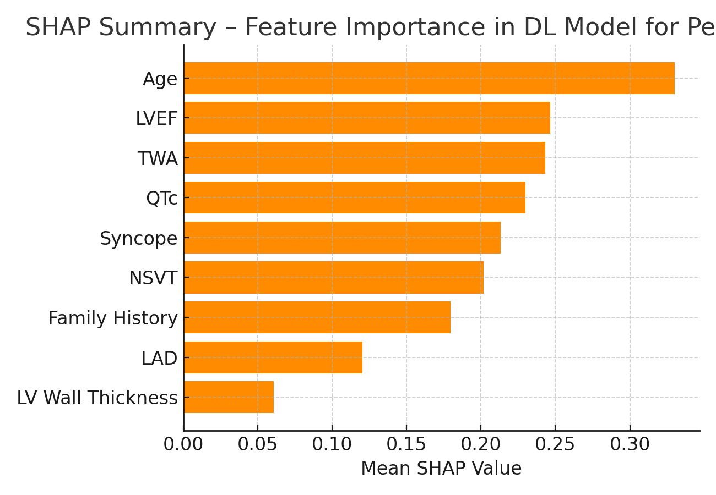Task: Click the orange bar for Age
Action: click(x=429, y=78)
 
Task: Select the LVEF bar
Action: click(x=367, y=118)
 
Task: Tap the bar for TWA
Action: click(x=364, y=158)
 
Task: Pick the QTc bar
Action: click(x=354, y=197)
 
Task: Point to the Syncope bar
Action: click(x=342, y=238)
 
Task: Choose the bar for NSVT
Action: click(x=333, y=277)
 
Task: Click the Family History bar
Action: click(x=317, y=317)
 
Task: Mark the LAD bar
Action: click(x=273, y=358)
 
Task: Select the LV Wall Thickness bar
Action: click(x=229, y=397)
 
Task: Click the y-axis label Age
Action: click(x=160, y=79)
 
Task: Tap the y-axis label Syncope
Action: click(x=138, y=239)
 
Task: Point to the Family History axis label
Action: click(x=112, y=318)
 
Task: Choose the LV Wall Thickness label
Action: click(x=97, y=398)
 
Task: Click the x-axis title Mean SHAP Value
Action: click(x=441, y=469)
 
